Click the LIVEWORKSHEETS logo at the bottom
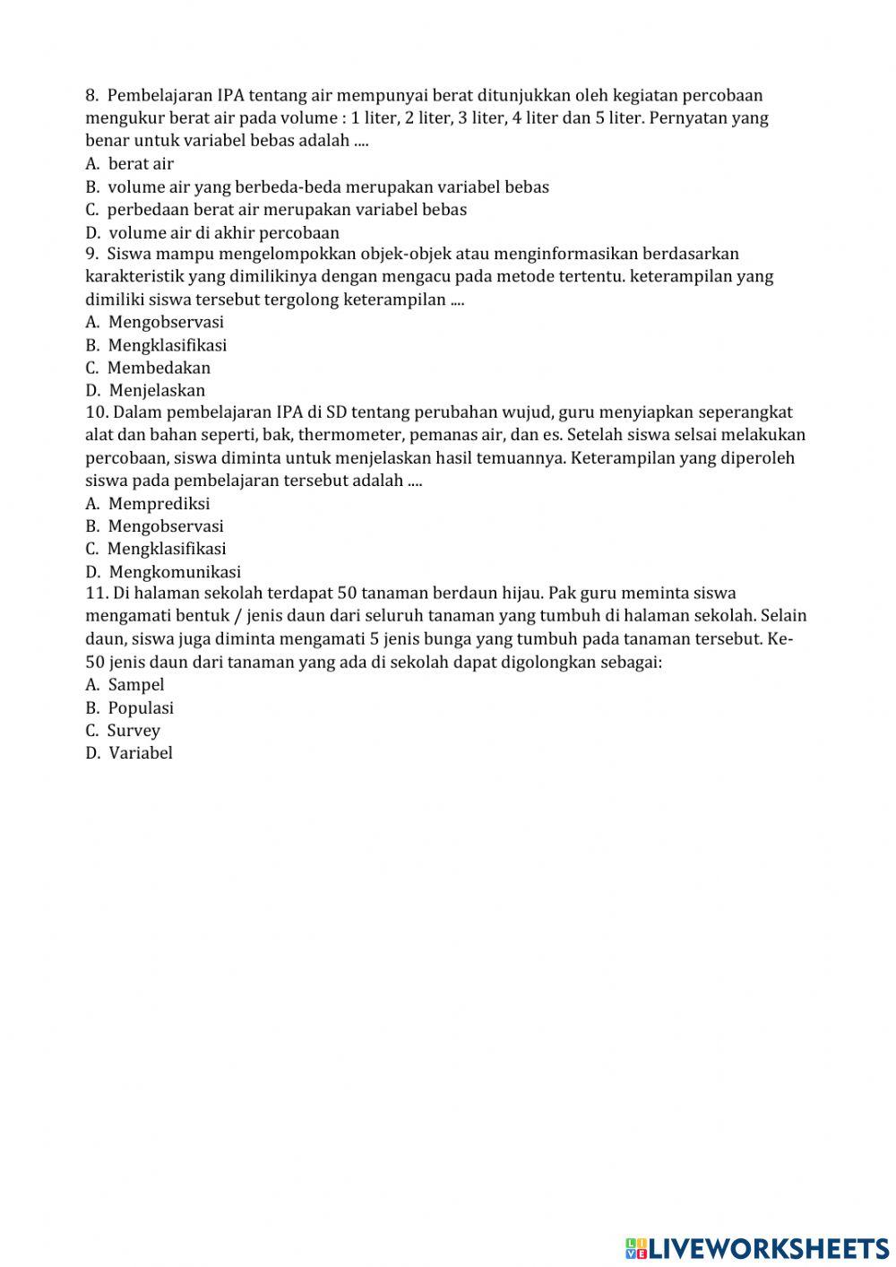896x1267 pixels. (757, 1247)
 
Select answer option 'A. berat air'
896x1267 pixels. (130, 163)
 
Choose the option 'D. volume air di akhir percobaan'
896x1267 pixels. (212, 232)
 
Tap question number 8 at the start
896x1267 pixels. (91, 95)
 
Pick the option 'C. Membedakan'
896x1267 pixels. (149, 368)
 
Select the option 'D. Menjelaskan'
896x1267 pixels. (146, 390)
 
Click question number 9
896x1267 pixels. (91, 254)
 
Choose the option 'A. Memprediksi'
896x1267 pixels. (148, 504)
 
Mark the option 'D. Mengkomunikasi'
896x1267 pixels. (163, 572)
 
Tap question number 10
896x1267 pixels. (96, 412)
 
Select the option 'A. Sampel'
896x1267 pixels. (125, 685)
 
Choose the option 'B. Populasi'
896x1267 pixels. (130, 708)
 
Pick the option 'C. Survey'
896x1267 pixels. (124, 731)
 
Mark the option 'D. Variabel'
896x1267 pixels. (130, 753)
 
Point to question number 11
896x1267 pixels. (96, 593)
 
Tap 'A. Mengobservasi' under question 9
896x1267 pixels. (155, 322)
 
